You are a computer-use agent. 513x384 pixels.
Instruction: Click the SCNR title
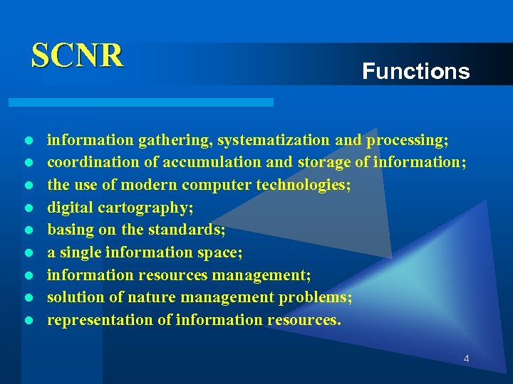click(x=77, y=55)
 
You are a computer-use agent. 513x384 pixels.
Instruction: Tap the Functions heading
click(x=415, y=71)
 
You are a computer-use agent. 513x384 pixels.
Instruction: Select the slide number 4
click(x=466, y=359)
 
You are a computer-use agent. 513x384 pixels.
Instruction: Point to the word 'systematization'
click(x=274, y=139)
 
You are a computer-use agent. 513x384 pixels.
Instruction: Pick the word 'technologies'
click(x=311, y=185)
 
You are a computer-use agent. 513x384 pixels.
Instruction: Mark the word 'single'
click(x=81, y=252)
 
